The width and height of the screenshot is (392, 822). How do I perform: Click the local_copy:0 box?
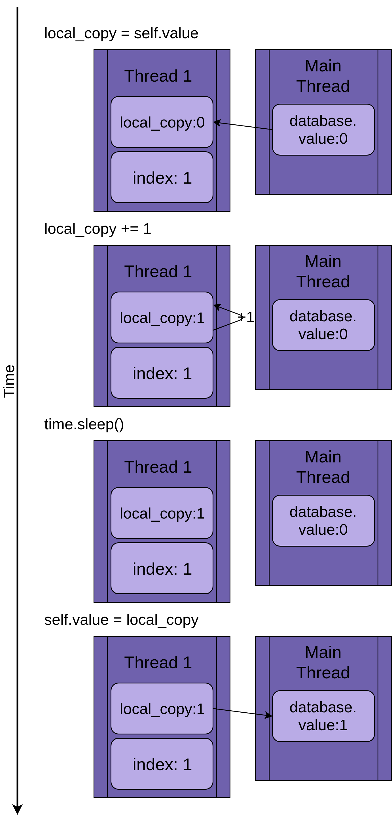click(x=162, y=122)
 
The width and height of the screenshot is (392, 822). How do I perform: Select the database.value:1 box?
click(x=323, y=716)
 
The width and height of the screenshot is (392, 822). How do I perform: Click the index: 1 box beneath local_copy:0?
click(x=162, y=177)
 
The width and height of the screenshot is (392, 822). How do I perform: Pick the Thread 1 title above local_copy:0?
click(x=158, y=76)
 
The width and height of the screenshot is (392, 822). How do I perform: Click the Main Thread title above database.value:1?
click(x=323, y=662)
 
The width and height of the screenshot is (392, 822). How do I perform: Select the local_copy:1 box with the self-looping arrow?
click(x=162, y=318)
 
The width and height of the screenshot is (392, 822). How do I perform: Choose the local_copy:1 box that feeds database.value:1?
click(x=162, y=708)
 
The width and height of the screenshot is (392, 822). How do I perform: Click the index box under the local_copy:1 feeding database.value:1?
click(x=162, y=764)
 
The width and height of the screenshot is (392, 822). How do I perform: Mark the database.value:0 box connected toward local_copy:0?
click(x=323, y=129)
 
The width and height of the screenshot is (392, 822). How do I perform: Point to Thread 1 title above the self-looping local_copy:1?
click(x=158, y=271)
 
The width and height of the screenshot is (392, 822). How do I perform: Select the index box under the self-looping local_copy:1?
click(x=162, y=373)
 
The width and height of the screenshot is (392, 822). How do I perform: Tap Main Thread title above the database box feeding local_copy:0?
click(x=323, y=76)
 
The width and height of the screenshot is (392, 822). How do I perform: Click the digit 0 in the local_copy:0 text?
click(x=200, y=122)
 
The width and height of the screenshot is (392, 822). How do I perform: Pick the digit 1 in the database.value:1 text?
click(x=344, y=725)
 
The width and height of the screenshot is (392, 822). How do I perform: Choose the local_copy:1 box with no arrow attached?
click(x=162, y=513)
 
